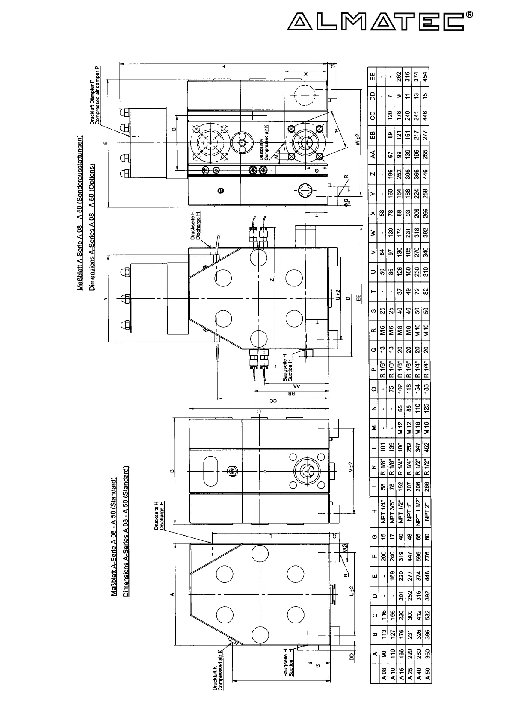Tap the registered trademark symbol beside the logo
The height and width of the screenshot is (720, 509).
point(470,14)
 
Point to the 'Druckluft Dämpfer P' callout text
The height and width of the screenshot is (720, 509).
point(92,95)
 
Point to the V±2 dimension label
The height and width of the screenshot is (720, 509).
point(351,467)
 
